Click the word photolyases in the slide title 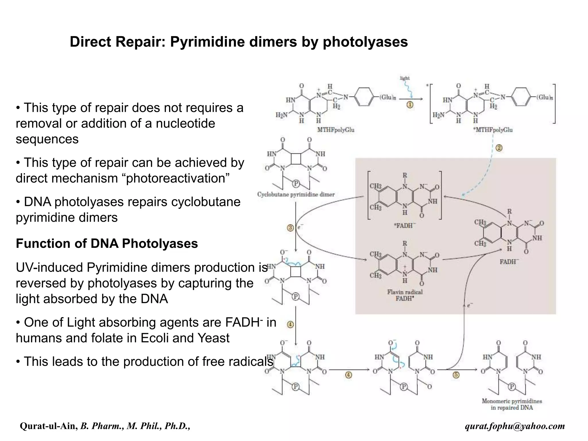coord(365,42)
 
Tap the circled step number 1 coord(410,105)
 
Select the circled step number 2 coord(499,148)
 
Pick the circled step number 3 coord(290,228)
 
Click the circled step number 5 coord(456,375)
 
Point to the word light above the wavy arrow coord(405,78)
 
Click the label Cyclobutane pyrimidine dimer coord(296,194)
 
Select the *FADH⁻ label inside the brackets coord(405,226)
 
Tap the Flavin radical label coord(405,292)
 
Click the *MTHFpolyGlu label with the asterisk coord(493,130)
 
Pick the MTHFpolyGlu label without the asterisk coord(336,130)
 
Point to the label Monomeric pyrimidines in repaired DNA coord(512,404)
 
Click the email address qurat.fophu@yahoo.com coord(515,426)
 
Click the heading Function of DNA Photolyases coord(107,243)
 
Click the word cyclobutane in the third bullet coord(206,202)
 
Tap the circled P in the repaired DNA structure coord(512,387)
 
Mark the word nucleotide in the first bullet coord(185,123)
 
